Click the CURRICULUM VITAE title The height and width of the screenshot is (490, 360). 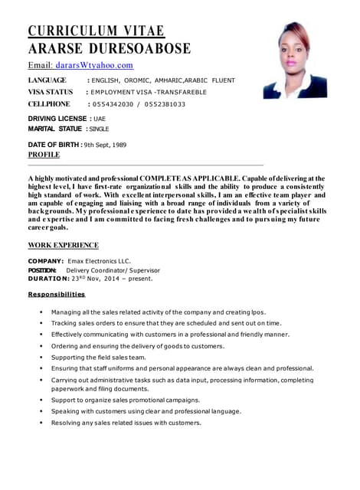point(97,31)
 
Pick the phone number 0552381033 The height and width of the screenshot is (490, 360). point(162,104)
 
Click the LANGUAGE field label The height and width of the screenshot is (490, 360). point(47,80)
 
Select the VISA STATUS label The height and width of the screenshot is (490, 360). point(51,92)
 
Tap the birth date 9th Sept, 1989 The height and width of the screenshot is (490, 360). point(105,144)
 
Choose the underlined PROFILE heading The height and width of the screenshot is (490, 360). point(44,154)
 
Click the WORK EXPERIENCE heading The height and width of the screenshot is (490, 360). point(63,245)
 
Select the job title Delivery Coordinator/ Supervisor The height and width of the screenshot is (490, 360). point(113,270)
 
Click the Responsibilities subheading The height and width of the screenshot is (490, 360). point(57,294)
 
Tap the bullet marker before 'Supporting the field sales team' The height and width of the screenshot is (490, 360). point(41,357)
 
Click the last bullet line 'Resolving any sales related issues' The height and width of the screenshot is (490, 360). point(126,423)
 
